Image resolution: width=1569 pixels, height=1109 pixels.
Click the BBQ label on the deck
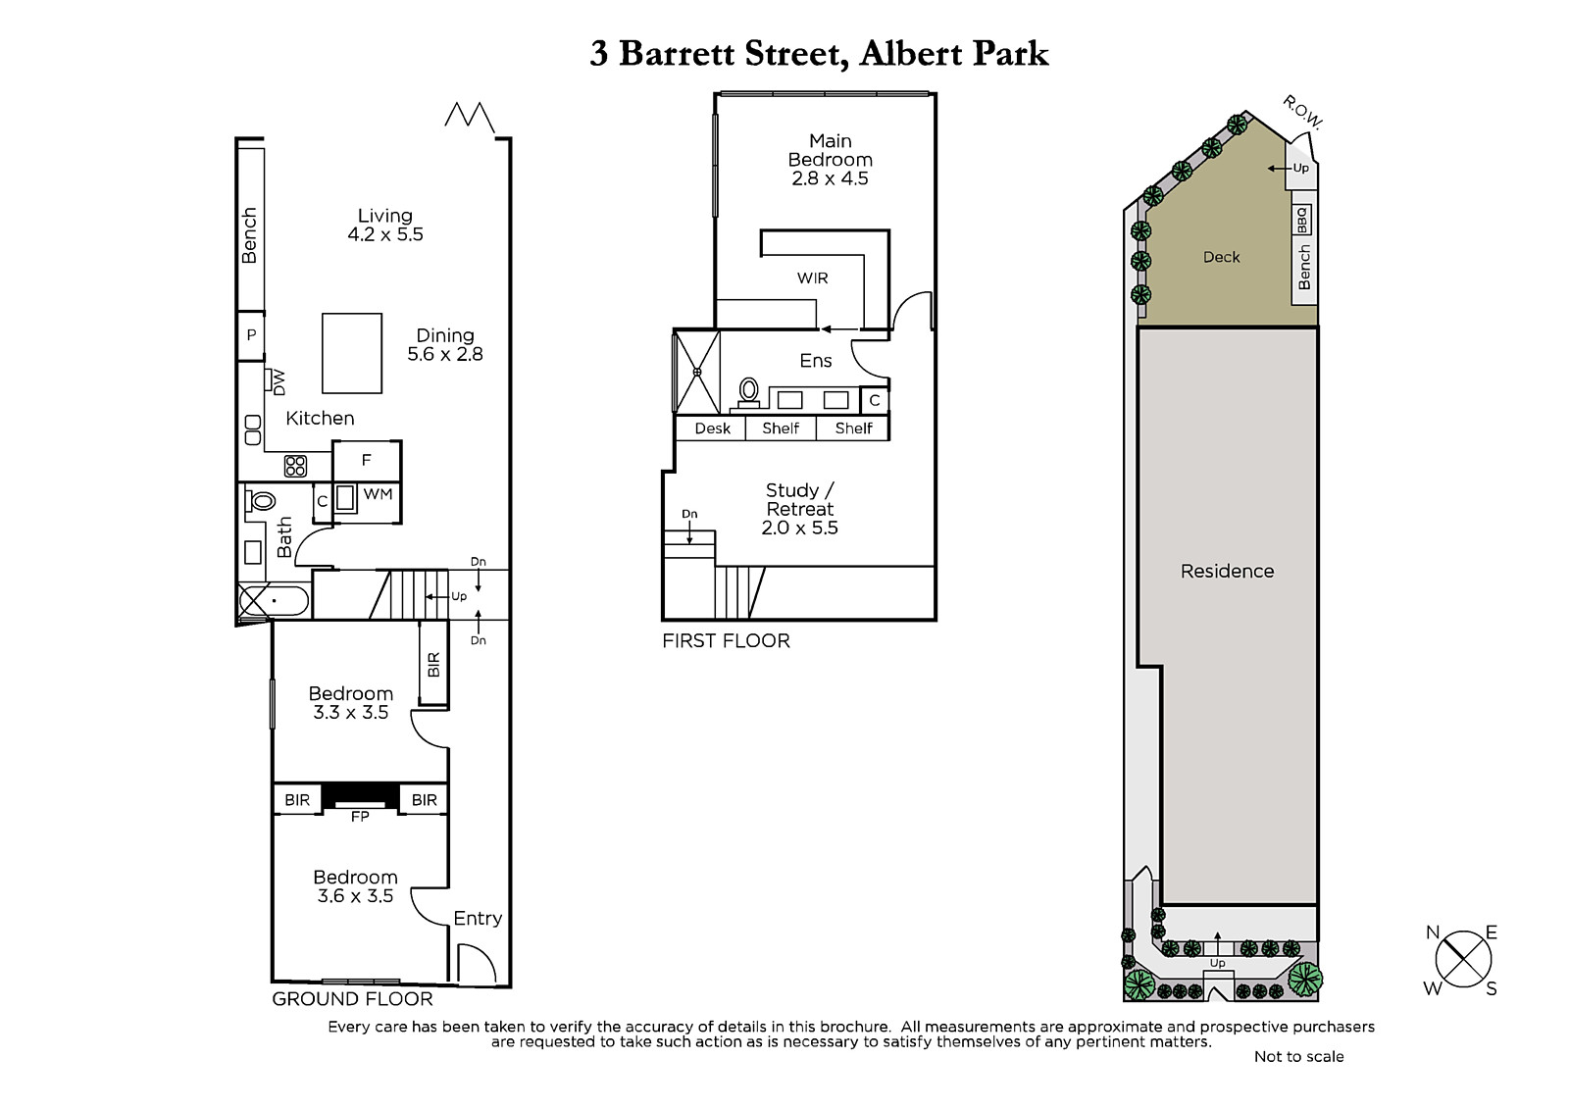1301,220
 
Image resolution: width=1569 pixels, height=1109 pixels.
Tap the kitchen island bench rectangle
352,353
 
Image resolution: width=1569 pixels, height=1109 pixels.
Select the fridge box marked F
367,461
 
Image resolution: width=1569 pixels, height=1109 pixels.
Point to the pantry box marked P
251,335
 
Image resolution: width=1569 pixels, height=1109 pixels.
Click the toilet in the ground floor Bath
260,501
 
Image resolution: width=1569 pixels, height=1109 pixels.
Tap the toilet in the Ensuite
749,392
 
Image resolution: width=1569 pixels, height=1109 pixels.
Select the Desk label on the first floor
712,428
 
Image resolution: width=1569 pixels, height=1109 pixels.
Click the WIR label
813,278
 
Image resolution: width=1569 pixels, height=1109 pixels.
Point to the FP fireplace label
360,816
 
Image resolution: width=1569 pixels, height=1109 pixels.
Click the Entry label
478,918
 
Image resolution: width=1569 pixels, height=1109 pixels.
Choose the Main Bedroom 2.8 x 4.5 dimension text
830,177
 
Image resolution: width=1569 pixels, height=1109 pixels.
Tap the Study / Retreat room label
800,499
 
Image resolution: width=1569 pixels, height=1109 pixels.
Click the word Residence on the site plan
1227,571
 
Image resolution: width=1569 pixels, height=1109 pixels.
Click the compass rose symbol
1463,960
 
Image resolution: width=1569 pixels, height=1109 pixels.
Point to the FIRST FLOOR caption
727,640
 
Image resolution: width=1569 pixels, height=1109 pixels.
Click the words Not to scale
1298,1056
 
